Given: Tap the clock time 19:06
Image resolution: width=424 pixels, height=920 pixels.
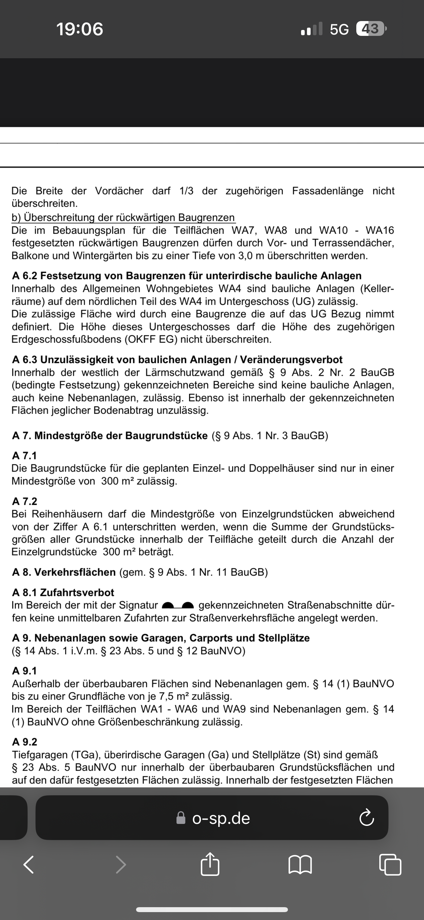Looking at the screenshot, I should coord(80,29).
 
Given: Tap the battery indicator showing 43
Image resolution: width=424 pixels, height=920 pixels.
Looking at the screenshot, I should coord(371,29).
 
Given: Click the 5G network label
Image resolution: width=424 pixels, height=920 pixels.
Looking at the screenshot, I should coord(339,29).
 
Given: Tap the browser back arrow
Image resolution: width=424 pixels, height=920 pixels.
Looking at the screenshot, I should coord(29,865).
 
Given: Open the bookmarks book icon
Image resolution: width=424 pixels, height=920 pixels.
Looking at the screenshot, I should coord(300,865).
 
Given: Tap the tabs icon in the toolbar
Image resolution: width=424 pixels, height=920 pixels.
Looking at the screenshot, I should coord(390,865).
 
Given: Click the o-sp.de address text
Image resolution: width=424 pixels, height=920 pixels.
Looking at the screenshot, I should coord(221,818).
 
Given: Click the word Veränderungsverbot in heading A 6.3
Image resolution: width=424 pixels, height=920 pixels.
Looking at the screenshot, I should coord(291,360).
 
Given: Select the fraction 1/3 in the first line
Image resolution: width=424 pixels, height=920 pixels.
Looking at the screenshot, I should coord(186,191).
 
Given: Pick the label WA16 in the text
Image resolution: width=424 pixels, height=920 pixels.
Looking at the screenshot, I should coord(380,230).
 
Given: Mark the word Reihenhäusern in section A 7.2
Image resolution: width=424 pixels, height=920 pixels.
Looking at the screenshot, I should coord(68,514).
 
